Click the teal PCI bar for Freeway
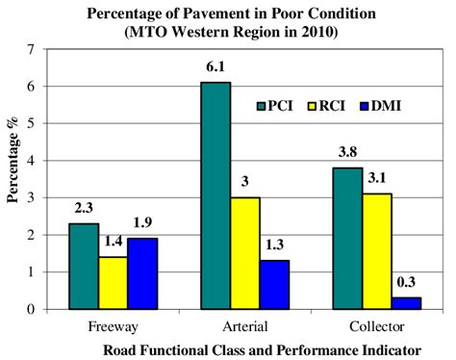coord(83,267)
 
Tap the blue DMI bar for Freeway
coord(141,273)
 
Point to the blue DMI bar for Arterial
coord(275,285)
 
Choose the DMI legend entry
coord(383,105)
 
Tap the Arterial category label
coord(246,326)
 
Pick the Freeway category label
coord(112,326)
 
